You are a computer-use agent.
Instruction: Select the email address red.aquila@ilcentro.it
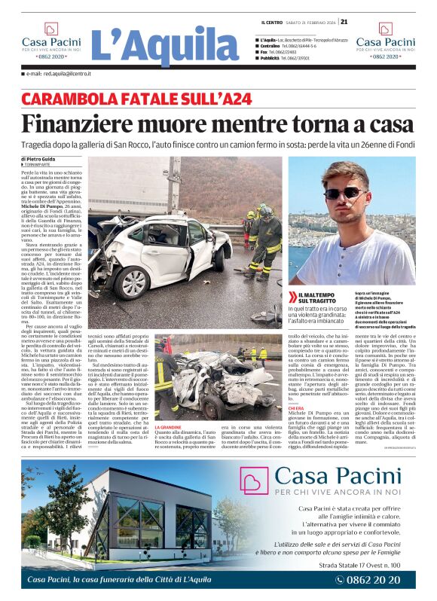coord(59,74)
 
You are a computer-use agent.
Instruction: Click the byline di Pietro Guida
coord(42,159)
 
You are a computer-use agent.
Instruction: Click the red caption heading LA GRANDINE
coord(168,406)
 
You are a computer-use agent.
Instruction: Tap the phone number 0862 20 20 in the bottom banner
coord(381,579)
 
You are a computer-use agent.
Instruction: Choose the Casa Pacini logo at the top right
coord(385,41)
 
